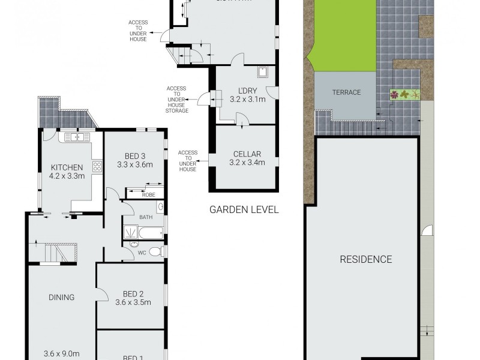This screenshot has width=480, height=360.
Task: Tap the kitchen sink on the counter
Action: [x=76, y=137]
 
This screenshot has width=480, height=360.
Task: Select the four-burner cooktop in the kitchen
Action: [x=97, y=166]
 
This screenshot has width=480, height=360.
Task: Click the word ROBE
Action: [x=148, y=194]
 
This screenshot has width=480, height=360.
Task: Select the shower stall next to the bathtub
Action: [x=130, y=232]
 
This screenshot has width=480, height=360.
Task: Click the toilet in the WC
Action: [x=155, y=251]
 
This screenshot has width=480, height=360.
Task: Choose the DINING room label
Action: [x=62, y=297]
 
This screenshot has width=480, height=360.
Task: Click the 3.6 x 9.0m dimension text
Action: [x=62, y=353]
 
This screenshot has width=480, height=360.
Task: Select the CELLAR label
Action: [x=247, y=154]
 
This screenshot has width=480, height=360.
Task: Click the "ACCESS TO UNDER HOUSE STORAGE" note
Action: [x=178, y=100]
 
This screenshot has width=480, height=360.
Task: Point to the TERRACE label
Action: [x=347, y=92]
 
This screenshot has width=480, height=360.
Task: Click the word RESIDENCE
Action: [x=366, y=259]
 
